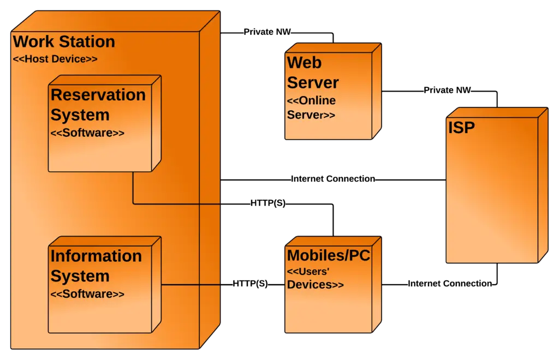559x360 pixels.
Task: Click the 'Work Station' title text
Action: (x=63, y=42)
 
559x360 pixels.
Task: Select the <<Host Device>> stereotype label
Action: (x=55, y=59)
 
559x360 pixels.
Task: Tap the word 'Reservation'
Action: (x=98, y=95)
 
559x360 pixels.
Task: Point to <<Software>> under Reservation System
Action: (x=87, y=133)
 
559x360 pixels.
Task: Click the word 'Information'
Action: (x=96, y=256)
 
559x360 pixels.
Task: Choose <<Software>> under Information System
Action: (x=87, y=294)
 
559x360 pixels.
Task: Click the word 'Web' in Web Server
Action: (x=304, y=63)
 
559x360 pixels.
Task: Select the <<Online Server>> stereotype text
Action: (x=311, y=108)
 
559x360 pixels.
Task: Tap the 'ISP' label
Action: (x=461, y=128)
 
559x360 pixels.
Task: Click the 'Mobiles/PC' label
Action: (x=329, y=255)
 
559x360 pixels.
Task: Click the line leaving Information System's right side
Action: (x=191, y=285)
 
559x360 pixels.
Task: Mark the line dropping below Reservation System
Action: (x=133, y=188)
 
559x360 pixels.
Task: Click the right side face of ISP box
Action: (x=542, y=185)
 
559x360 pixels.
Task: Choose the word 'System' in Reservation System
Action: (x=80, y=115)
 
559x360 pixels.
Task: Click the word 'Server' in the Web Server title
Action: (x=313, y=83)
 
